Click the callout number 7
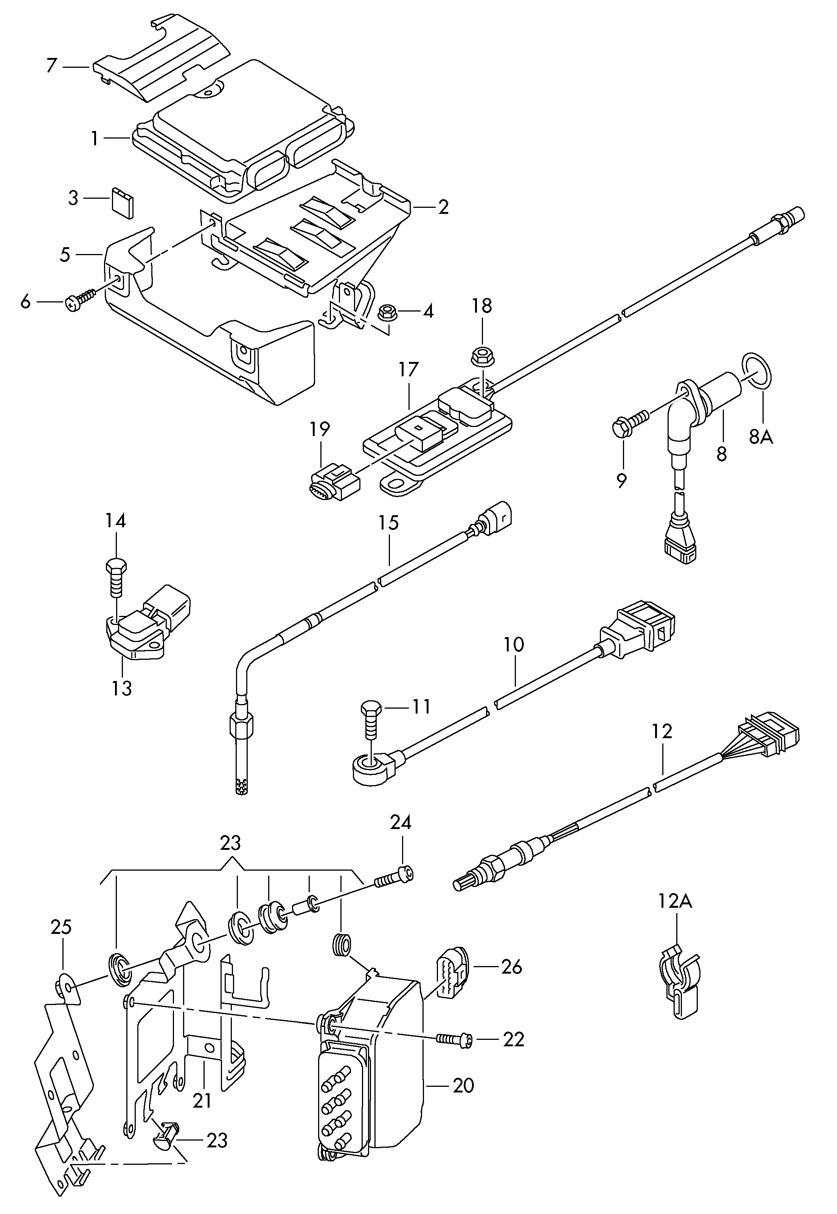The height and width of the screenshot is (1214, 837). (x=51, y=66)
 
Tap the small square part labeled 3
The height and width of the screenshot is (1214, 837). (x=123, y=201)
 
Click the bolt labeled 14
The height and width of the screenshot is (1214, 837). (x=116, y=577)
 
